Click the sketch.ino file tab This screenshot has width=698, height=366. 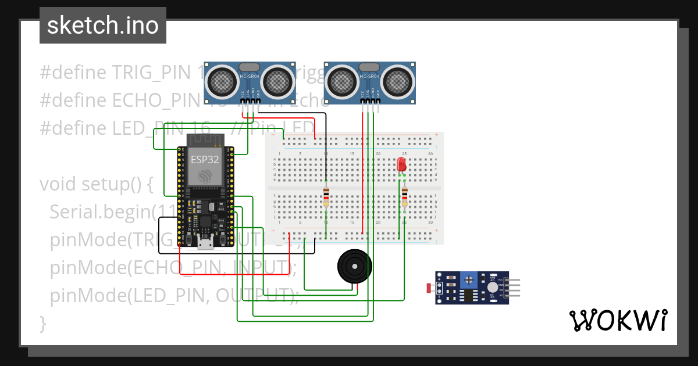(102, 26)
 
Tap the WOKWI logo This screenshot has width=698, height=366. (617, 320)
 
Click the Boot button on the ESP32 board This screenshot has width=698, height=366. (222, 239)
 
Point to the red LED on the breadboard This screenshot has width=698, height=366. (401, 164)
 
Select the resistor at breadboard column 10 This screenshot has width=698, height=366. (326, 198)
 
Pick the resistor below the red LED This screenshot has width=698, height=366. (404, 198)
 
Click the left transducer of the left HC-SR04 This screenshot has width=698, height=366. (222, 81)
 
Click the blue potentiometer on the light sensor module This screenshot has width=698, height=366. (469, 281)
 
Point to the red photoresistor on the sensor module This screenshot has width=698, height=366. (430, 288)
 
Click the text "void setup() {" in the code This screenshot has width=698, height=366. (96, 184)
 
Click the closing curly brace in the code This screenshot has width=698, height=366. (42, 322)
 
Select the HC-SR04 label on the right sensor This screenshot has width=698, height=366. (369, 76)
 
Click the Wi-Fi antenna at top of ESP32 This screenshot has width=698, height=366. (205, 140)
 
